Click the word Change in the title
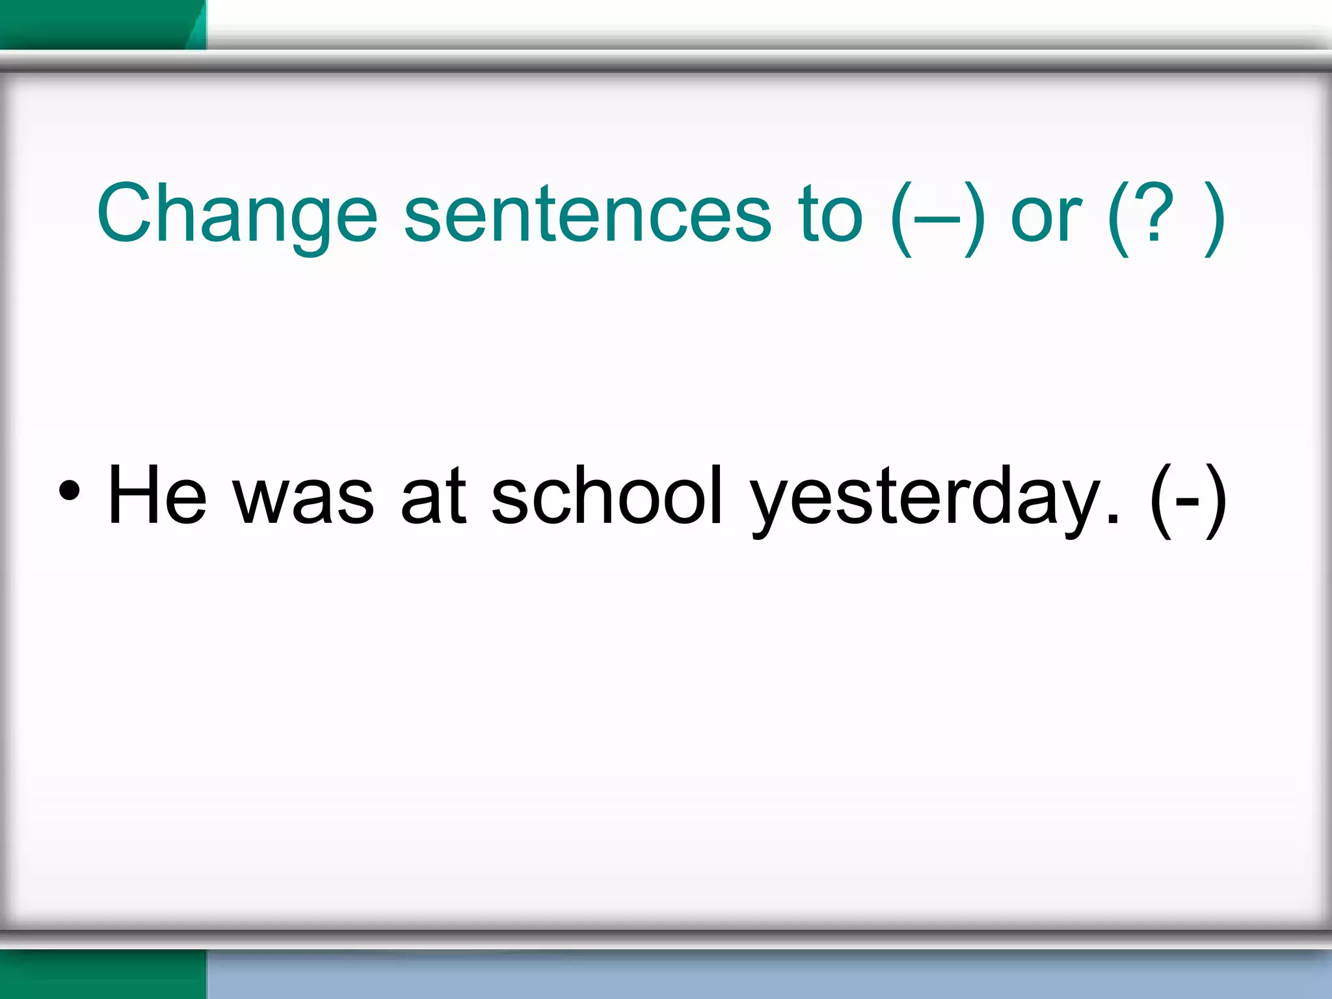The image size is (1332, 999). click(237, 215)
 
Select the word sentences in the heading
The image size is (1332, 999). click(587, 215)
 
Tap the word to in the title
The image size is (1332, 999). click(831, 215)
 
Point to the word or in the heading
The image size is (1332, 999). click(1046, 215)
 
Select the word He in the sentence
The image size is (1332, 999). click(157, 494)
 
